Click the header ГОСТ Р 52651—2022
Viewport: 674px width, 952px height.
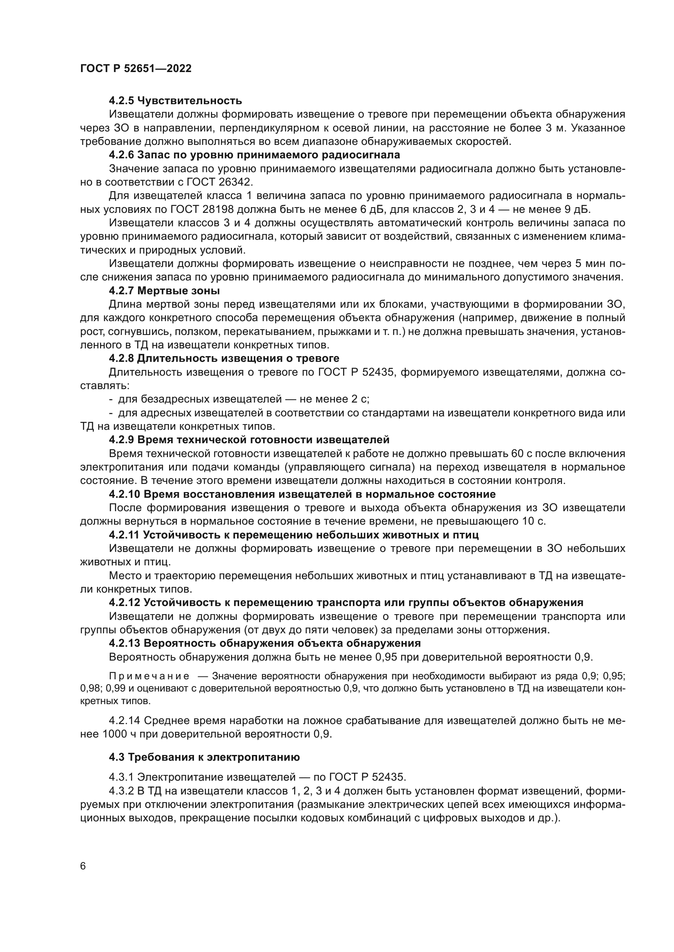tap(136, 68)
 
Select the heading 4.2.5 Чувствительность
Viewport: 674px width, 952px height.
tap(175, 101)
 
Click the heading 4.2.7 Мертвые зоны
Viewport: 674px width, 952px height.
tap(164, 291)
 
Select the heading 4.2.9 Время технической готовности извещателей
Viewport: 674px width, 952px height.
tap(249, 440)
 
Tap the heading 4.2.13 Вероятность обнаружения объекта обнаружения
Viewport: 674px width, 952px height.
tap(265, 643)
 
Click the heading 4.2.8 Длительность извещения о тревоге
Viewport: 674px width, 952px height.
tap(224, 358)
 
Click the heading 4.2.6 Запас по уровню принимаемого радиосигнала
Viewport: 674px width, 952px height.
tap(254, 155)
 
